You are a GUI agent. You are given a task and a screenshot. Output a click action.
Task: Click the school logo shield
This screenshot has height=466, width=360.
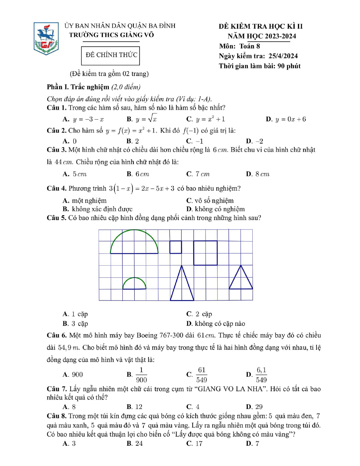46,39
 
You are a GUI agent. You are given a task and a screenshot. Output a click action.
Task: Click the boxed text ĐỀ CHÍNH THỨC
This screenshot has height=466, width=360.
111,55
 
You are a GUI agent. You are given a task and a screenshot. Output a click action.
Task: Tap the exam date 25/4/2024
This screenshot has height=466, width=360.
283,56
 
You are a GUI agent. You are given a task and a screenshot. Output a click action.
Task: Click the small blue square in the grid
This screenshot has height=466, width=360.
176,247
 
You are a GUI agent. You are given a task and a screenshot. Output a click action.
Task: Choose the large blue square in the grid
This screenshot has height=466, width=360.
205,253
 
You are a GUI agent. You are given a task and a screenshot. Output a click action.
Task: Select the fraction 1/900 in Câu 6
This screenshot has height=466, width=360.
141,375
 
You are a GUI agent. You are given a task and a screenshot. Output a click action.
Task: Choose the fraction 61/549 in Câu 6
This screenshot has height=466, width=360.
201,375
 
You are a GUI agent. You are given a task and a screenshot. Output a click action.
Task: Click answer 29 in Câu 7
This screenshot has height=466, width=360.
259,407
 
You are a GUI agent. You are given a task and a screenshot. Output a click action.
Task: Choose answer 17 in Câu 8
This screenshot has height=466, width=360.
199,444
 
